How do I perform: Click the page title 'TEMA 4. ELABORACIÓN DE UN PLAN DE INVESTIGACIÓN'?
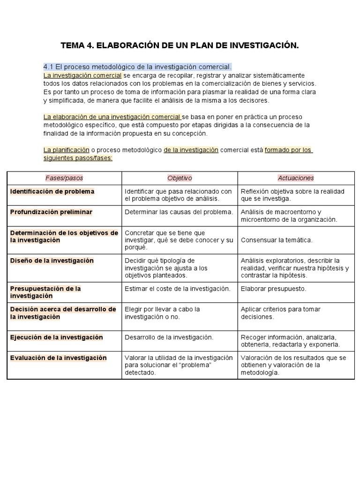point(180,45)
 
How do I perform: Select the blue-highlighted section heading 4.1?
point(137,67)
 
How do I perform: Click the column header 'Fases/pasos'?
point(64,178)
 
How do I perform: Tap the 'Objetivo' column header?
point(180,178)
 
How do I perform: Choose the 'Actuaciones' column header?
point(296,178)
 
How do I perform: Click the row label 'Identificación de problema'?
point(52,191)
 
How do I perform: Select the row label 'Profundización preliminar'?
point(51,212)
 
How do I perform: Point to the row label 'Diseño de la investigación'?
point(52,261)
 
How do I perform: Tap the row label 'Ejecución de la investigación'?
point(56,337)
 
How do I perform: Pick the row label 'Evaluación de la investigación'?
point(58,358)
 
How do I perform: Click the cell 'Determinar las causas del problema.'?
point(179,212)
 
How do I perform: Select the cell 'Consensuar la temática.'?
point(277,240)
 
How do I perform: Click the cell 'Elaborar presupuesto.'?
point(273,289)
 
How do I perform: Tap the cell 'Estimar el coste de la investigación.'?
point(177,289)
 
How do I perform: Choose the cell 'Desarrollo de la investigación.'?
point(169,337)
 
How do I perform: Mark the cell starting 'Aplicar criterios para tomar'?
point(281,313)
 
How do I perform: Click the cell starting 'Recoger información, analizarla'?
point(290,341)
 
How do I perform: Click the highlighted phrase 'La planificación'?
point(66,150)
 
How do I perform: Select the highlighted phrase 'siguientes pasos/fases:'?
point(78,158)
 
